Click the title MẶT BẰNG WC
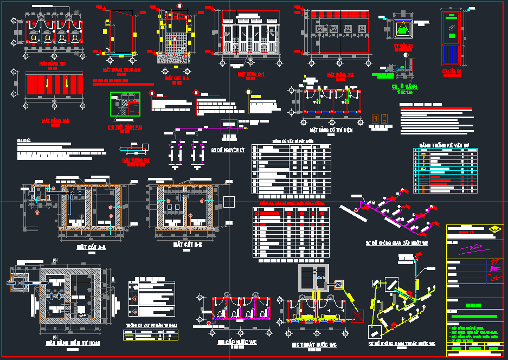(x=52, y=63)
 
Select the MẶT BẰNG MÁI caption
(x=56, y=121)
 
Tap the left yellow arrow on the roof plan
(x=47, y=84)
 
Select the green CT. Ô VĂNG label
(x=404, y=87)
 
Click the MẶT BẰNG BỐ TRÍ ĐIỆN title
(x=331, y=130)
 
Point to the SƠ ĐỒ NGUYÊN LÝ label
(x=228, y=150)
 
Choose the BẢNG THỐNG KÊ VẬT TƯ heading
(x=444, y=145)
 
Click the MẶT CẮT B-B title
(x=188, y=245)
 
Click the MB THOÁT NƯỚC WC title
(x=313, y=344)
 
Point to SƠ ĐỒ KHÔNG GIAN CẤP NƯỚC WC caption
(x=397, y=243)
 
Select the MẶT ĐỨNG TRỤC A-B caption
(x=122, y=70)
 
